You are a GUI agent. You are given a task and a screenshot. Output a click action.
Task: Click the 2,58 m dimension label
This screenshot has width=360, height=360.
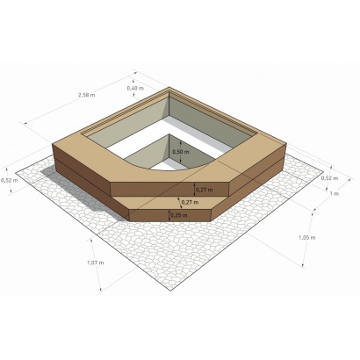85,94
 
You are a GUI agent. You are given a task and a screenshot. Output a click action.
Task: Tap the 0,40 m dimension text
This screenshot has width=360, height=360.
135,89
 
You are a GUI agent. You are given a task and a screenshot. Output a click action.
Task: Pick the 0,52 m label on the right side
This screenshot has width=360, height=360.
330,178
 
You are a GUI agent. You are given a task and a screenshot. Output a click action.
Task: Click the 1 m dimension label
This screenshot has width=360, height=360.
334,193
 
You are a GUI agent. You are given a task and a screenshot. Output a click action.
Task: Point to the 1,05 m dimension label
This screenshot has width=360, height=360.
306,237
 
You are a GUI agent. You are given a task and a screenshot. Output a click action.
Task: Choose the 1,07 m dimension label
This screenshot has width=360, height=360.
95,263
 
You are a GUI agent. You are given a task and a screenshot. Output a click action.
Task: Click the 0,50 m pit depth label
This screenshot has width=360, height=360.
180,151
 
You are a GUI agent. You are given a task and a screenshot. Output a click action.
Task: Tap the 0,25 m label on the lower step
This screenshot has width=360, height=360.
177,214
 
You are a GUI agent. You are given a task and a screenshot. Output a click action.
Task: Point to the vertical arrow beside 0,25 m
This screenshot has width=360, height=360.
169,214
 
